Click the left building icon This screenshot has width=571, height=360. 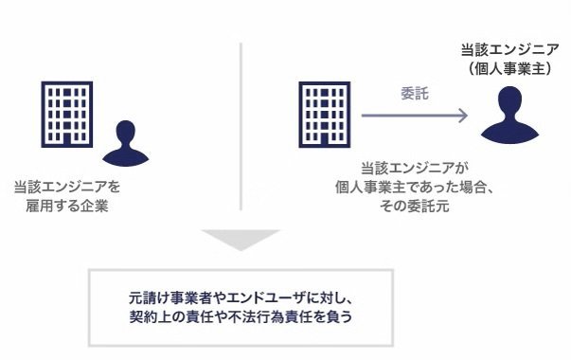point(67,115)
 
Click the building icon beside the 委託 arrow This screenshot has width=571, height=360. point(325,115)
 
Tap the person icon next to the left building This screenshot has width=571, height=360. point(126,143)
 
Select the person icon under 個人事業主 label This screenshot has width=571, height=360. point(509,115)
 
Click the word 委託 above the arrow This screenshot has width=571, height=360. point(415,94)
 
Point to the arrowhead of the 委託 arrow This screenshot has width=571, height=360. point(463,116)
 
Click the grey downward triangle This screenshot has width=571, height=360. point(241,240)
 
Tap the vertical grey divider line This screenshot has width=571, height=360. point(241,126)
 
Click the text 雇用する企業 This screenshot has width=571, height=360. point(67,206)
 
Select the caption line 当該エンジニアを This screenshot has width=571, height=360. point(67,187)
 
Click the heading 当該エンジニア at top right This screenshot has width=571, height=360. point(509,49)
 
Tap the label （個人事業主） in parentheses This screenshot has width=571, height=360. point(509,68)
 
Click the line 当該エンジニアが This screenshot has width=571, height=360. point(415,168)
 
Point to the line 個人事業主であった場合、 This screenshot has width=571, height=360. point(415,187)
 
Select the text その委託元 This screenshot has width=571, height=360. point(415,206)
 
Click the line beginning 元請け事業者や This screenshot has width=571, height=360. point(241,298)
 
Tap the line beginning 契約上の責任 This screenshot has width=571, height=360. point(241,316)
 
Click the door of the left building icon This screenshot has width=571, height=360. point(67,139)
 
